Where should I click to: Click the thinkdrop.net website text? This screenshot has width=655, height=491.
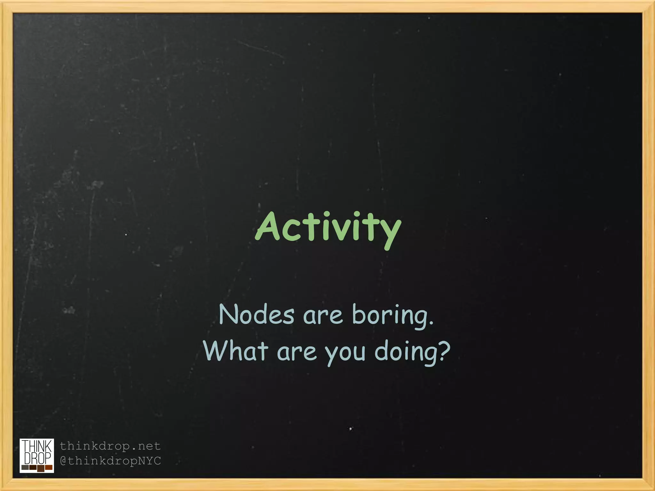click(x=110, y=446)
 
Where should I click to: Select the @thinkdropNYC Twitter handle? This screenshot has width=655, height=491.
click(x=110, y=461)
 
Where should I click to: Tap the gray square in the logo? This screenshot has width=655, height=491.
click(x=25, y=467)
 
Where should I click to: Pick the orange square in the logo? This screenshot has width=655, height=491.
click(x=49, y=467)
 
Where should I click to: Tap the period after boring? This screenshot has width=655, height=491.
click(x=432, y=323)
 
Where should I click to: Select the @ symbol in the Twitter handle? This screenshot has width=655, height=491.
click(x=63, y=461)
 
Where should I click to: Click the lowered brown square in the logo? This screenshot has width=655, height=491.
click(x=41, y=469)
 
